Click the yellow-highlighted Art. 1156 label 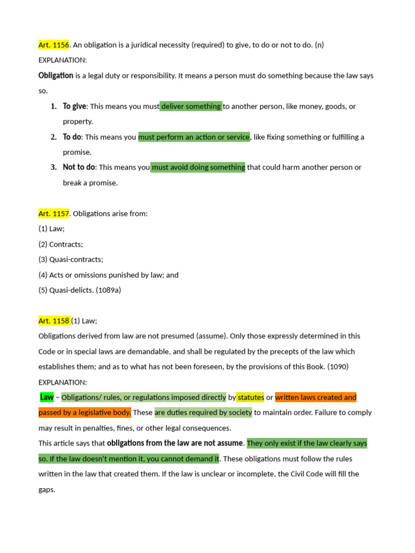pyautogui.click(x=54, y=45)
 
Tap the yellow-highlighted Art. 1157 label pyautogui.click(x=54, y=214)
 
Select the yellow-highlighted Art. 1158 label pyautogui.click(x=54, y=321)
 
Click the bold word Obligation pyautogui.click(x=56, y=76)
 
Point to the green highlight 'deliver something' pyautogui.click(x=191, y=106)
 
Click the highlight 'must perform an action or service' pyautogui.click(x=194, y=137)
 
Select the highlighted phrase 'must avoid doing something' pyautogui.click(x=198, y=167)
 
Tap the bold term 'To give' pyautogui.click(x=75, y=106)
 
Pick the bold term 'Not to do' pyautogui.click(x=79, y=167)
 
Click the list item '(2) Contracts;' pyautogui.click(x=61, y=245)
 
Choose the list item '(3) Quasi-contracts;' pyautogui.click(x=71, y=260)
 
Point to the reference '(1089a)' pyautogui.click(x=108, y=291)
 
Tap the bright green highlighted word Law pyautogui.click(x=47, y=397)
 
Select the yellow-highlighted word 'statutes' pyautogui.click(x=251, y=397)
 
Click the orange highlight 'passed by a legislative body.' pyautogui.click(x=85, y=413)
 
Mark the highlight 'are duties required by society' pyautogui.click(x=203, y=413)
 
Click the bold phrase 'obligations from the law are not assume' pyautogui.click(x=176, y=443)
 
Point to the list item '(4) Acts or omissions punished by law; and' pyautogui.click(x=108, y=275)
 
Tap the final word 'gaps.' pyautogui.click(x=47, y=490)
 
